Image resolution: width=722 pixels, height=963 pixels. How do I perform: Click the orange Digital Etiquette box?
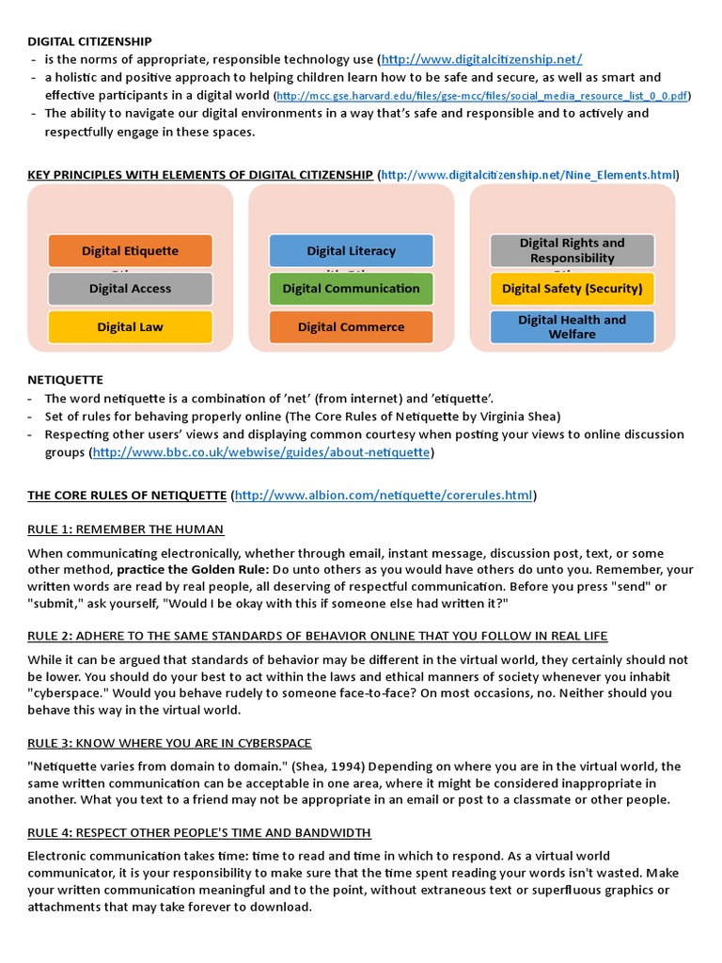130,251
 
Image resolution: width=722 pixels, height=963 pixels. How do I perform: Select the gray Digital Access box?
130,289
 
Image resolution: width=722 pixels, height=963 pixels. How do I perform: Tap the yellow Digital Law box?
130,327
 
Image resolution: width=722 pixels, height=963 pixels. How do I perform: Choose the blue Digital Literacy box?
351,251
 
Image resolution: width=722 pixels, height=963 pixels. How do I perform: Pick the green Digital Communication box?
351,289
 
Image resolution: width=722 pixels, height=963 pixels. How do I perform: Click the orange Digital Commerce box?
351,327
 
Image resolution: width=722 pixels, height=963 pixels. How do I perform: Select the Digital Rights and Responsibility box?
572,250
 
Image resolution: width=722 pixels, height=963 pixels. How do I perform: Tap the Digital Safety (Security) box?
572,289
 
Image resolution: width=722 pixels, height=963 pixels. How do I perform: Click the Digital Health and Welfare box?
572,326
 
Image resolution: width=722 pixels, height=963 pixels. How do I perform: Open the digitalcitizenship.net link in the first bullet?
481,59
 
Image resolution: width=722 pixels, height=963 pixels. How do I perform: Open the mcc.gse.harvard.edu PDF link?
482,96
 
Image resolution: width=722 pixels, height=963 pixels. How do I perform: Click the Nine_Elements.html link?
527,175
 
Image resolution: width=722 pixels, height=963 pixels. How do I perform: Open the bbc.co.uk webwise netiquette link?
261,452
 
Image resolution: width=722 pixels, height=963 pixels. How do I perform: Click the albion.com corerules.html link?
384,496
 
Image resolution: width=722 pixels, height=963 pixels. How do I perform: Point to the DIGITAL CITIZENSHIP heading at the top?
89,41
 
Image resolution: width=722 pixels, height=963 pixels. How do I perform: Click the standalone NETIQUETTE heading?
65,380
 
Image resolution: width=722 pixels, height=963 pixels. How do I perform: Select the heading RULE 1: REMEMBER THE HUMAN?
125,529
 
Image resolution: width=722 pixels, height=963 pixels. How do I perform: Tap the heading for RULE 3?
169,743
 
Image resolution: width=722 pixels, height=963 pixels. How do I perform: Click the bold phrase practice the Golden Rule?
193,570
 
